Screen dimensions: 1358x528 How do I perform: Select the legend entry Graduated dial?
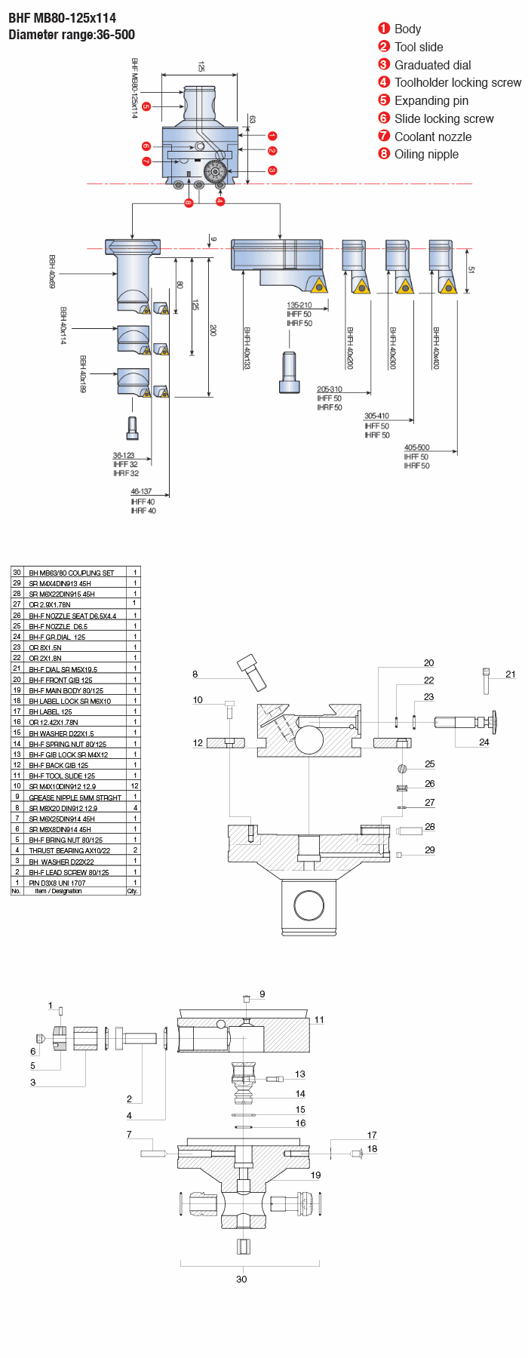432,65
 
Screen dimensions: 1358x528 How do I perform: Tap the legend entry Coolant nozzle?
432,137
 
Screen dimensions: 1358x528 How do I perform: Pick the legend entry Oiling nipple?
426,155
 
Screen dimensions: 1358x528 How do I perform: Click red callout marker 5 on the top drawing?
146,106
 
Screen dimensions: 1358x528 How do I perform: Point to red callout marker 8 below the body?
189,203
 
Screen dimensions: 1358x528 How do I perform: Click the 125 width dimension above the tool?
201,67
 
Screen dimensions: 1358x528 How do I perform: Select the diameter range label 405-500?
416,447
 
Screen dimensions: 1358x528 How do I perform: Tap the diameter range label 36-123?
124,455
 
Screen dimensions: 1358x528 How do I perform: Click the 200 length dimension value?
213,330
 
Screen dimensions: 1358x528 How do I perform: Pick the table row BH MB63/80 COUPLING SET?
72,573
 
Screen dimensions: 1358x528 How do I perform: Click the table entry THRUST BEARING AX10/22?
69,850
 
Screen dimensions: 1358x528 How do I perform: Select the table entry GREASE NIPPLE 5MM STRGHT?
75,797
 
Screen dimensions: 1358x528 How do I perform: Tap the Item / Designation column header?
58,891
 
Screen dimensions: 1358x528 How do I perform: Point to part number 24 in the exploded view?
484,742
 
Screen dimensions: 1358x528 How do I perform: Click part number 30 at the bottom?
241,1279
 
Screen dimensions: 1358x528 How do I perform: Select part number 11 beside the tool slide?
319,1020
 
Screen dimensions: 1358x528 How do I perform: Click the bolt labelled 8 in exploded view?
252,672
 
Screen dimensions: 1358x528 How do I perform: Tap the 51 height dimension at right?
471,270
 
